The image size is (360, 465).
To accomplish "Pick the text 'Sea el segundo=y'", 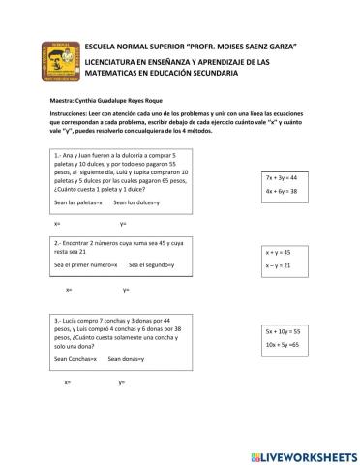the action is tap(151, 264).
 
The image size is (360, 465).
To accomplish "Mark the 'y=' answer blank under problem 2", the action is tap(126, 290).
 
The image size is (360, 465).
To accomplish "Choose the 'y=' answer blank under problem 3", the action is tap(122, 381).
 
